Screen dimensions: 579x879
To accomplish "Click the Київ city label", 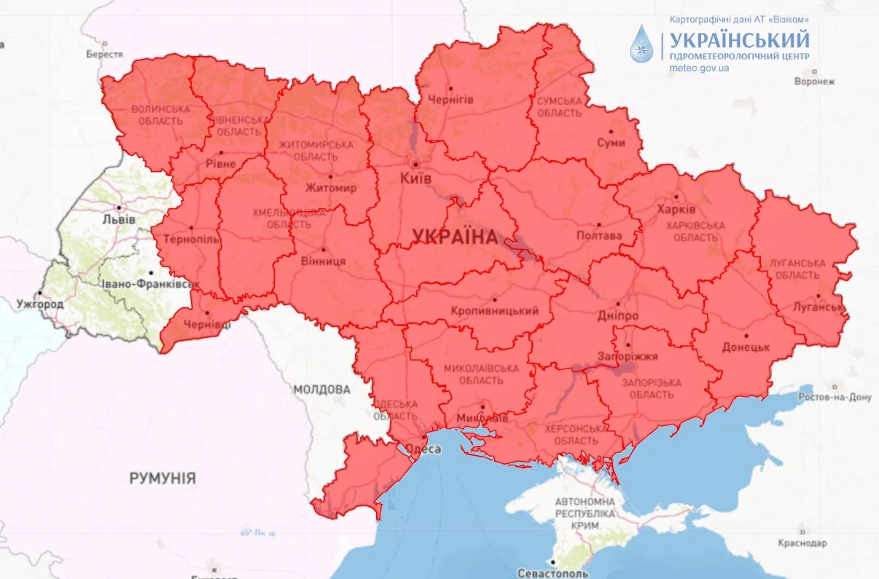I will coord(416,178).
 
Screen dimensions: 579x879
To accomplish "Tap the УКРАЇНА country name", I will coord(454,236).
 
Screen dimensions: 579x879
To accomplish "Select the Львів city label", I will coord(118,218).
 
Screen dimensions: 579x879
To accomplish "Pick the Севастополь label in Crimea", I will coord(552,573).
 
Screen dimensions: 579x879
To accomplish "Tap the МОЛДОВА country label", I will coord(321,390).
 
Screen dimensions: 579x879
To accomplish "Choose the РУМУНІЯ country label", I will coord(163,478).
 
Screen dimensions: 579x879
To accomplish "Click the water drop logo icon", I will coord(642,43).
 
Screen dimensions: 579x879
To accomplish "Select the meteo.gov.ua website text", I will coord(699,68).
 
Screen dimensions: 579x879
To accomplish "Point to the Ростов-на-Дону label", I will coord(835,397).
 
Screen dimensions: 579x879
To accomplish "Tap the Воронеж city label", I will coord(814,82).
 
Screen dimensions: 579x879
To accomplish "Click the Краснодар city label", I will coord(802,543).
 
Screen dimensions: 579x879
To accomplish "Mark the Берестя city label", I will coord(104,54).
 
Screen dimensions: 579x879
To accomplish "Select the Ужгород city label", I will coord(41,304).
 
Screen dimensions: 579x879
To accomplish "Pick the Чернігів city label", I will coord(450,98).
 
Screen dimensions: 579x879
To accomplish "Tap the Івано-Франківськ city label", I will coord(149,284).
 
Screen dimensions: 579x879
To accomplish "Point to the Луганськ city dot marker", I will coord(819,296).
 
